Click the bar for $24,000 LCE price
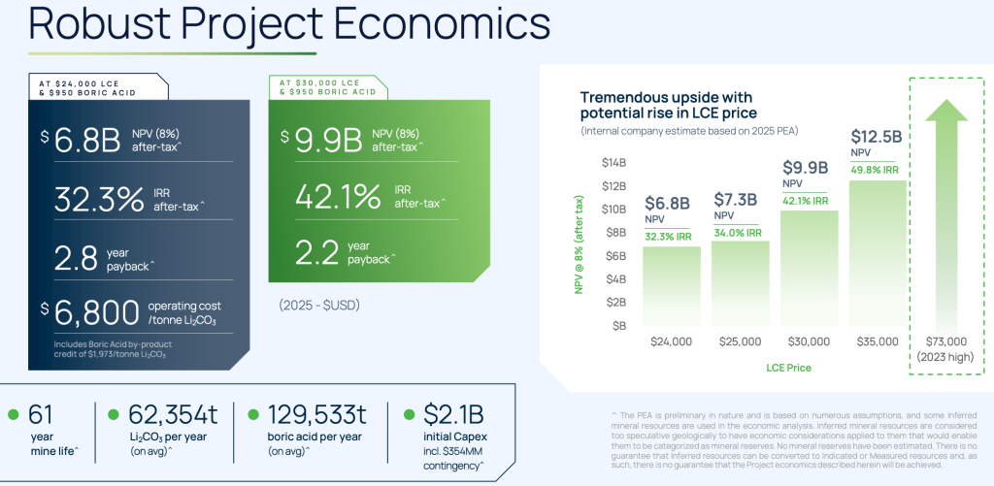(672, 287)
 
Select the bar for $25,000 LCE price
(741, 284)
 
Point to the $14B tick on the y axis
(613, 162)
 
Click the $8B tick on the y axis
(614, 232)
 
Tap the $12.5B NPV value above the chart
(878, 136)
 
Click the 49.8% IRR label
(878, 171)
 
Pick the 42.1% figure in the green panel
(339, 196)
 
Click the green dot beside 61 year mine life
(13, 415)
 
